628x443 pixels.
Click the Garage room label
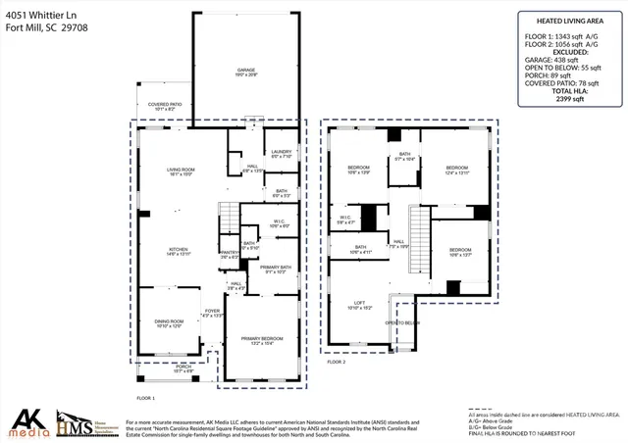245,72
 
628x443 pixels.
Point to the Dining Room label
169,323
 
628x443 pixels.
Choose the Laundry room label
281,152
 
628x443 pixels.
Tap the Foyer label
212,314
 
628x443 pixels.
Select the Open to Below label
401,321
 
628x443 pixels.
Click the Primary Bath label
275,269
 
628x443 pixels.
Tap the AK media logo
26,422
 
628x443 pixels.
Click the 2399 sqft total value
569,99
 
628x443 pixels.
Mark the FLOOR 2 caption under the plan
337,362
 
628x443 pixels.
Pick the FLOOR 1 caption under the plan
146,397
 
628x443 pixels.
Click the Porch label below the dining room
169,370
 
